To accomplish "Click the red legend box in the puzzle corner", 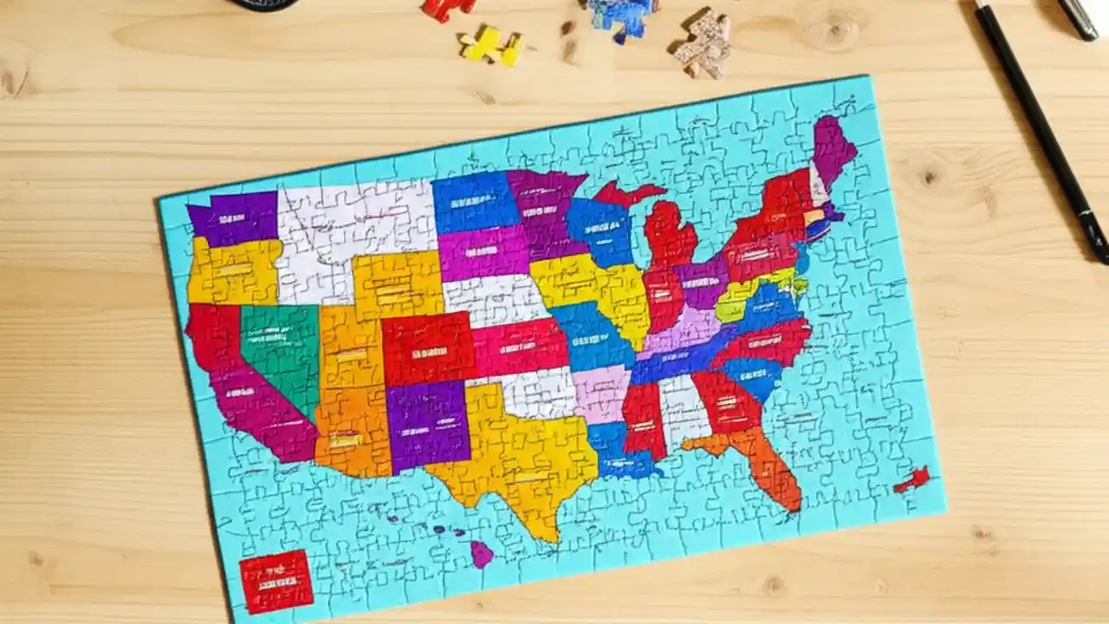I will [x=276, y=581].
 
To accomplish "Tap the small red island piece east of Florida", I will [x=912, y=479].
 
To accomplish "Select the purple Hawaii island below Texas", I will [x=481, y=553].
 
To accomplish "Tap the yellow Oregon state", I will [x=232, y=270].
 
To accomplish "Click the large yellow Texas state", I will [x=520, y=459].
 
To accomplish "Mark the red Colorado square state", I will [x=428, y=348].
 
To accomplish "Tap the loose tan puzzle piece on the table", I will [x=704, y=43].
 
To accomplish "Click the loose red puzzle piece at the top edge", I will [x=447, y=8].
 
